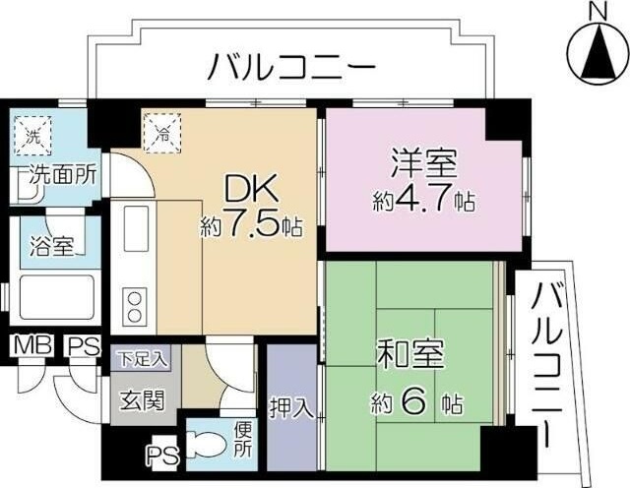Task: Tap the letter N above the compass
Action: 596,11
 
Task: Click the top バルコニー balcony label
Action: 291,68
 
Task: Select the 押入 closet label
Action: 292,405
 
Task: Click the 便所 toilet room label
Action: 242,438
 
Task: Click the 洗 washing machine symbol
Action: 32,137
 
